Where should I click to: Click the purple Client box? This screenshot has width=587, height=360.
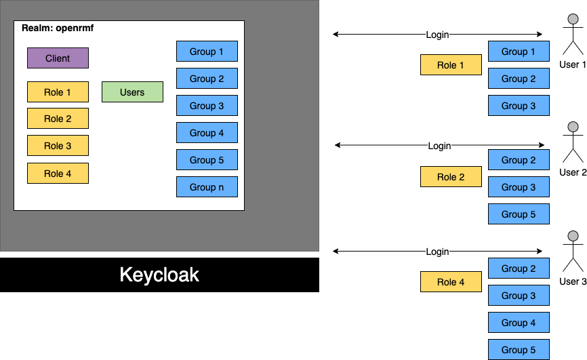(58, 58)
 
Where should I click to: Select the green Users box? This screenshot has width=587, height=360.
(132, 92)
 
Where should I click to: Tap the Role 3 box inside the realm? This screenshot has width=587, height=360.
(58, 146)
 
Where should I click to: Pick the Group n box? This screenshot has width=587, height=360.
(207, 187)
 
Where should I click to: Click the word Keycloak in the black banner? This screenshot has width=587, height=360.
(159, 275)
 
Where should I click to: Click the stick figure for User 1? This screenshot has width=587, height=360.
(573, 37)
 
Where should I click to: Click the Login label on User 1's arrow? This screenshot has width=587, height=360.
(437, 35)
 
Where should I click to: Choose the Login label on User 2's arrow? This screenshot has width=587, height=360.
(439, 146)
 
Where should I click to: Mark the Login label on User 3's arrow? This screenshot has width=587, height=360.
(437, 252)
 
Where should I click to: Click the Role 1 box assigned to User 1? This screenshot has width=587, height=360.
(451, 65)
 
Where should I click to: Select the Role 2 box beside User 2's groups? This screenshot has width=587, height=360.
(451, 177)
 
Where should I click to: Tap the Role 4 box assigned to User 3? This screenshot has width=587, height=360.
(451, 282)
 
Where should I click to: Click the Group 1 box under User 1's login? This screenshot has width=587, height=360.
(519, 52)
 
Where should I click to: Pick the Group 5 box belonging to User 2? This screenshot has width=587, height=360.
(519, 214)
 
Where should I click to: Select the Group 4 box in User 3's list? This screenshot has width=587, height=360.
(519, 323)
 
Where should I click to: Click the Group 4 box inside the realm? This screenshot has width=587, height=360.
(207, 133)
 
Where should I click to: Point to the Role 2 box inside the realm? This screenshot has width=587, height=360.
(58, 119)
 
